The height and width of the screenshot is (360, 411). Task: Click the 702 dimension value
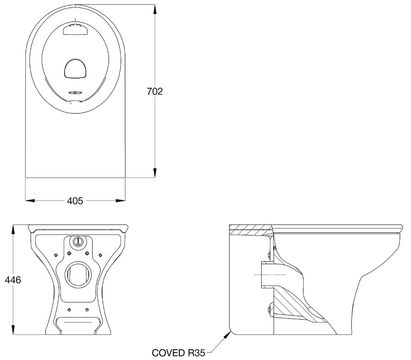(x=155, y=91)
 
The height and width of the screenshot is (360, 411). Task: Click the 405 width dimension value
(x=75, y=201)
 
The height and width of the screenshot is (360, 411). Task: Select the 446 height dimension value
(x=13, y=280)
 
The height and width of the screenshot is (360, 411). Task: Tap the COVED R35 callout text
(x=178, y=353)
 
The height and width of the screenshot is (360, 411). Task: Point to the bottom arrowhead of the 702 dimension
(x=155, y=173)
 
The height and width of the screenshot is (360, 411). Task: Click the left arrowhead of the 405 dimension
(x=30, y=201)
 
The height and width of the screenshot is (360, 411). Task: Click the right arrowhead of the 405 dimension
(x=121, y=201)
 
